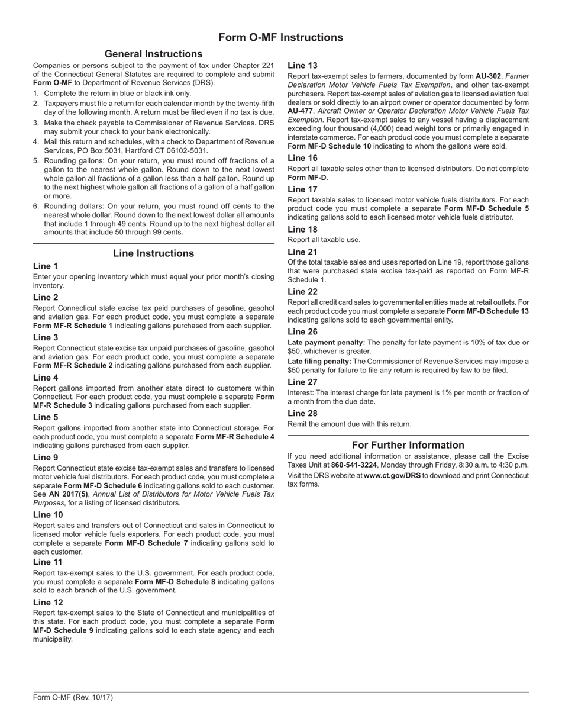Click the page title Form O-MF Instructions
pos(280,38)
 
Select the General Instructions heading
pos(153,54)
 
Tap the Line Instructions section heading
pos(153,253)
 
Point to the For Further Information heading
pos(408,445)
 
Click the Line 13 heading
pos(302,66)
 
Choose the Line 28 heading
pos(302,413)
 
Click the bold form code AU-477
pos(300,111)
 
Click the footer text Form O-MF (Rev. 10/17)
pos(73,697)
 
